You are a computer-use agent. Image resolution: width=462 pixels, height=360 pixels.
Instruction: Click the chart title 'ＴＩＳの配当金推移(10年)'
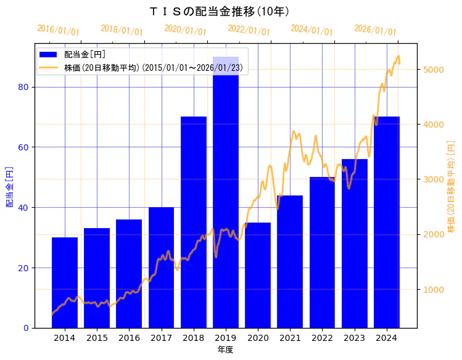tap(220, 12)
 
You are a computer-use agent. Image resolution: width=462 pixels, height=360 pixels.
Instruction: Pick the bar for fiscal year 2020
tap(258, 275)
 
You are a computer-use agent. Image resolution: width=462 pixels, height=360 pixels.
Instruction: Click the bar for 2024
tap(387, 222)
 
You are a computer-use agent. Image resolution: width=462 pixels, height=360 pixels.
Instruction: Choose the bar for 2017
tap(161, 268)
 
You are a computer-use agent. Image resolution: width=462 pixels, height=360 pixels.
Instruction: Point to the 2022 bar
tap(322, 252)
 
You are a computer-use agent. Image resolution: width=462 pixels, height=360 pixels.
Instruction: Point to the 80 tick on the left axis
tap(23, 87)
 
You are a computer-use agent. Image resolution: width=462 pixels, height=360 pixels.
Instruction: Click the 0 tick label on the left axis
tap(26, 328)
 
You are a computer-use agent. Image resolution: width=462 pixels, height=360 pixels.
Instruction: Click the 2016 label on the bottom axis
tap(129, 338)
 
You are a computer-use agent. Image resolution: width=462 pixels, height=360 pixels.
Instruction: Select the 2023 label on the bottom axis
tap(355, 338)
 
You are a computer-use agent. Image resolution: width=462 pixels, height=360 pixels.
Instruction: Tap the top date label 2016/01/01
tap(58, 30)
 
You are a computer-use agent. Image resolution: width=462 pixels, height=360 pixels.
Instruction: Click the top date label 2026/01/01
tap(375, 30)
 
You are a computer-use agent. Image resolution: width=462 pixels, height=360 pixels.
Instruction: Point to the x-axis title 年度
tap(225, 350)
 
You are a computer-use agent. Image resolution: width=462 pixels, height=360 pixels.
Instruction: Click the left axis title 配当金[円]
tap(10, 186)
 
